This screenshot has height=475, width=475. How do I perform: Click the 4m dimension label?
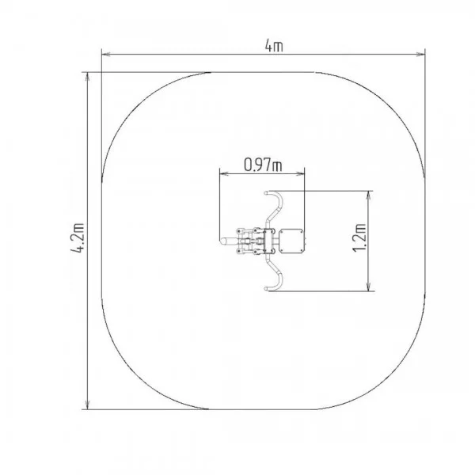pyautogui.click(x=274, y=46)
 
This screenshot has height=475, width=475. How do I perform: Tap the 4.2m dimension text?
pyautogui.click(x=78, y=238)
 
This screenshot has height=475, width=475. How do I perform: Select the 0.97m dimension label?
pyautogui.click(x=263, y=165)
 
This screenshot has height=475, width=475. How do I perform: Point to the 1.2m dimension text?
pyautogui.click(x=359, y=237)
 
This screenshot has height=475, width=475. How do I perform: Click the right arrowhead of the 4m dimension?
pyautogui.click(x=421, y=55)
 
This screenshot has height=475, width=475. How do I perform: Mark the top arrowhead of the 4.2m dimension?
pyautogui.click(x=88, y=77)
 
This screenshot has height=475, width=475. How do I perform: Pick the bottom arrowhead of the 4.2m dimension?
pyautogui.click(x=88, y=405)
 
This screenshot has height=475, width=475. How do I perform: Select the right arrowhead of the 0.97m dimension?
pyautogui.click(x=301, y=173)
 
